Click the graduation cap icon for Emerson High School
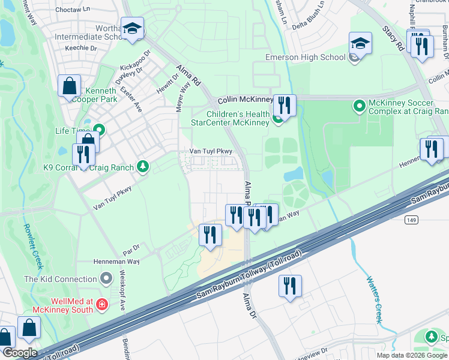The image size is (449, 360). pyautogui.click(x=360, y=43)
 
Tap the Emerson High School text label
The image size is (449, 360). pyautogui.click(x=306, y=58)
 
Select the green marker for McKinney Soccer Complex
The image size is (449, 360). pyautogui.click(x=360, y=107)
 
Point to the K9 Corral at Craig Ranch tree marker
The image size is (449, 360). pyautogui.click(x=142, y=166)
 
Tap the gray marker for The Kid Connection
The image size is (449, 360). pyautogui.click(x=106, y=278)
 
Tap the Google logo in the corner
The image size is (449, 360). pyautogui.click(x=20, y=353)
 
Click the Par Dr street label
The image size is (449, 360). pyautogui.click(x=131, y=247)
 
